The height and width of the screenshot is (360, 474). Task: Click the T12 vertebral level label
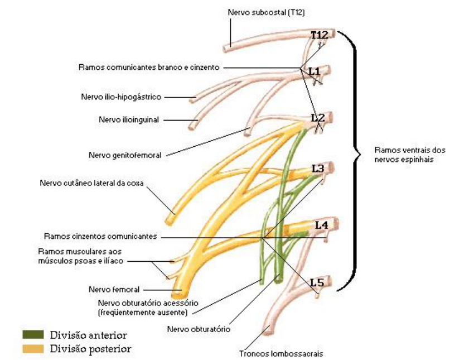[320, 35]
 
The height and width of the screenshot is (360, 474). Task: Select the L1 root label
[315, 71]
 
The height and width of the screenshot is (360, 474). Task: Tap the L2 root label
[317, 118]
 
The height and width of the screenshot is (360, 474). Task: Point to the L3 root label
[318, 168]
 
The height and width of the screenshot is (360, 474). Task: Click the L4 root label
[321, 225]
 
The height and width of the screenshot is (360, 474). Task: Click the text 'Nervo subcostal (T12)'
[265, 12]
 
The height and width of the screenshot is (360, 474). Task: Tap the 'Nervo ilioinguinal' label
[129, 119]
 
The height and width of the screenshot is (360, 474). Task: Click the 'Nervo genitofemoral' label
[125, 156]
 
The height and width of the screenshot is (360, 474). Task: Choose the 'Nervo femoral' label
[114, 289]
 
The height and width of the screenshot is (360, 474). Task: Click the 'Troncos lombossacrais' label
[281, 353]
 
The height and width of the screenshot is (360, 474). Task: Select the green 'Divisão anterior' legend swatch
[33, 335]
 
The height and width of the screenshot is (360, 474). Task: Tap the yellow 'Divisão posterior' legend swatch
[33, 349]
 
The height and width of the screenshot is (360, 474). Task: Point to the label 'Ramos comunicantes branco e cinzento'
[149, 68]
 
